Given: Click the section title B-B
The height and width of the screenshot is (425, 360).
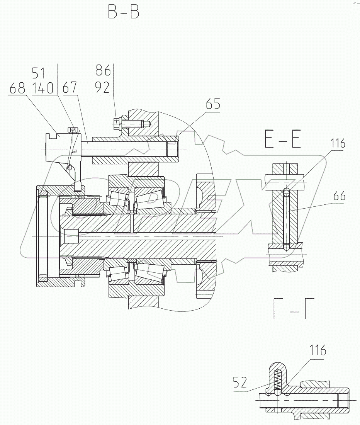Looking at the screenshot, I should coord(123,12).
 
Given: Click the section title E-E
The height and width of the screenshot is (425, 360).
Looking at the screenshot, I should coord(283,139).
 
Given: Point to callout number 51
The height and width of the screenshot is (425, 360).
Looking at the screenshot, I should coord(38,73).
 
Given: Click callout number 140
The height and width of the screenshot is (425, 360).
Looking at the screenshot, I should coord(43,88).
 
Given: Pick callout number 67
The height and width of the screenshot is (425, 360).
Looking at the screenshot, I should coord(69,88).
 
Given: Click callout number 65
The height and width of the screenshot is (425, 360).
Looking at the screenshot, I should coord(213,104).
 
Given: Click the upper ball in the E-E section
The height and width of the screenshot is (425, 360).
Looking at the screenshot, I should coord(286,191).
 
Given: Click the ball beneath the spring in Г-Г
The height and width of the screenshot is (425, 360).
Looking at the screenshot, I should coord(277,392).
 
